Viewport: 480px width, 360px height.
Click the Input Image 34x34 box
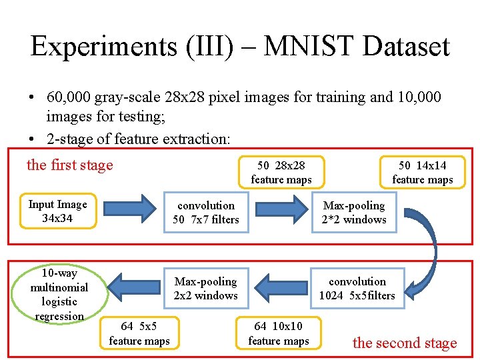pos(57,211)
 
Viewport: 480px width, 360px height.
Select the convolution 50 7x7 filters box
pos(206,213)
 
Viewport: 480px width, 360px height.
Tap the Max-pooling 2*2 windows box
pos(354,213)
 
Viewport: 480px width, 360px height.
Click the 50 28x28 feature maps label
pos(281,172)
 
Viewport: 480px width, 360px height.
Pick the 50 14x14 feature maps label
pos(422,172)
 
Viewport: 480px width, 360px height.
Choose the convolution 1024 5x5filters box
pos(357,289)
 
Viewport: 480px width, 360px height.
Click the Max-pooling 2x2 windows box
pos(205,289)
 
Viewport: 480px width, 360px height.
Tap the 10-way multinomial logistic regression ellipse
pos(59,295)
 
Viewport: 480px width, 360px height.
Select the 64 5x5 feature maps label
pos(139,333)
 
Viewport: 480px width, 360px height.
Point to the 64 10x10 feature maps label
pos(279,333)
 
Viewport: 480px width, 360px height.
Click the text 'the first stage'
pos(70,165)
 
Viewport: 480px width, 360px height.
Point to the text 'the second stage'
pos(405,343)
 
